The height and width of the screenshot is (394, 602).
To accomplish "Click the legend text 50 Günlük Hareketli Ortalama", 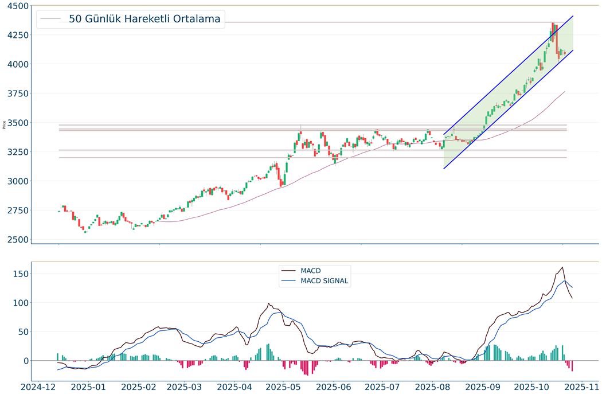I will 144,19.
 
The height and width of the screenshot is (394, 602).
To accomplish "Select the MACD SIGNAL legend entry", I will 324,281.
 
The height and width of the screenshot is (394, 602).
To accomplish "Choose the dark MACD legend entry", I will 310,270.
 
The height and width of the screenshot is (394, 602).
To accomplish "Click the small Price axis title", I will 5,124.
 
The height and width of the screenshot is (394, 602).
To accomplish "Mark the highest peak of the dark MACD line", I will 562,267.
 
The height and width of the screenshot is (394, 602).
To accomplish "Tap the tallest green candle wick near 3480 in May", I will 300,126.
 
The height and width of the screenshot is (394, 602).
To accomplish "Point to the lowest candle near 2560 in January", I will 85,231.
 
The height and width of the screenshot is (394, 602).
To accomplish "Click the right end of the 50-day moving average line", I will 565,91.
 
